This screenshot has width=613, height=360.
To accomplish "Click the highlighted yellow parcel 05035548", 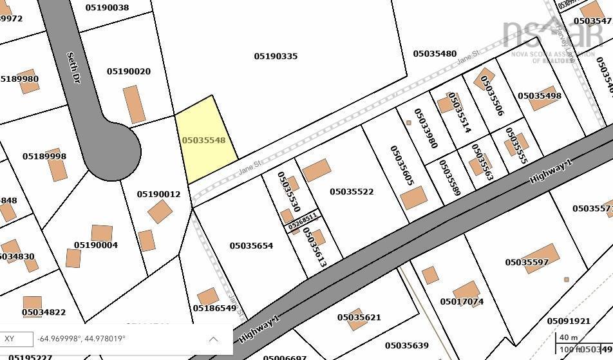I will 205,140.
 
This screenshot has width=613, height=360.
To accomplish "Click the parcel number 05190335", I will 276,57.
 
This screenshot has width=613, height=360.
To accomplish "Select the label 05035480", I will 435,54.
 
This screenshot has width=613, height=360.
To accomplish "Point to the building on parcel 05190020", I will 135,104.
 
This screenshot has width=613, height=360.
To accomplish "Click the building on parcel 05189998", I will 57,166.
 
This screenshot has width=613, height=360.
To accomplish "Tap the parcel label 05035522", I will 352,192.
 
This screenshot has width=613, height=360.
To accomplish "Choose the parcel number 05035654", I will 251,246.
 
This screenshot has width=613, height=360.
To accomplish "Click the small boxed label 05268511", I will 302,222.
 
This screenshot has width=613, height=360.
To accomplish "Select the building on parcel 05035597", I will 540,258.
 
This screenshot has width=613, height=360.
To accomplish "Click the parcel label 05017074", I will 462,301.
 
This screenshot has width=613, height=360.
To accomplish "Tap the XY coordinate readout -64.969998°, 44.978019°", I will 82,339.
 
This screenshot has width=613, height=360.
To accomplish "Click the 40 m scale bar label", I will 568,337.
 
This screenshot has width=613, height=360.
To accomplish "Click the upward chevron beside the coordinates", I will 213,339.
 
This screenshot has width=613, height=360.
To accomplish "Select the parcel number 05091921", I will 569,321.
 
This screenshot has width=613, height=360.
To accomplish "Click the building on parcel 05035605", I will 413,198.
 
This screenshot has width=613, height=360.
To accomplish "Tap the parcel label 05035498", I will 540,96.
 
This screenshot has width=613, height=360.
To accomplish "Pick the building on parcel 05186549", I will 208,297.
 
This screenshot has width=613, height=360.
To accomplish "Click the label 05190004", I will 96,245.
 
